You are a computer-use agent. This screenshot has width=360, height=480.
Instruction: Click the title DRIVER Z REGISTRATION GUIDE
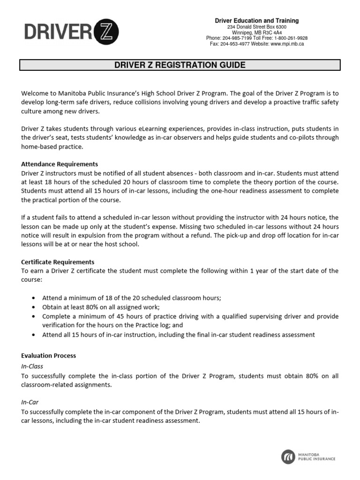pyautogui.click(x=180, y=65)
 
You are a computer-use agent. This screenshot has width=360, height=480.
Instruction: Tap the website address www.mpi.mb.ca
pyautogui.click(x=287, y=44)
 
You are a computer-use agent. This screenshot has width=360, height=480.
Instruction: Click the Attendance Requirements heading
pyautogui.click(x=60, y=164)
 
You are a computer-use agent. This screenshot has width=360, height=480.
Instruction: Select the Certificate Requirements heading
pyautogui.click(x=58, y=262)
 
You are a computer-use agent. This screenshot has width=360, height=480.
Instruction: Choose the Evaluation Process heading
pyautogui.click(x=49, y=356)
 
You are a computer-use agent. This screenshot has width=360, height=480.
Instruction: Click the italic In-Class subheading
pyautogui.click(x=32, y=366)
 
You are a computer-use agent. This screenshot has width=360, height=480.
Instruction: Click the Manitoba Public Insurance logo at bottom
pyautogui.click(x=308, y=456)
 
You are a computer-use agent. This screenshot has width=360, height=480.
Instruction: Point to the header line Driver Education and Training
pyautogui.click(x=256, y=21)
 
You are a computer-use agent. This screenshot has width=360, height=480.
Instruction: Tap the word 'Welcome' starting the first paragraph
pyautogui.click(x=35, y=93)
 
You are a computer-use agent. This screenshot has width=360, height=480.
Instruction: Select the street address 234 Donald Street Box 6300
pyautogui.click(x=256, y=27)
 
